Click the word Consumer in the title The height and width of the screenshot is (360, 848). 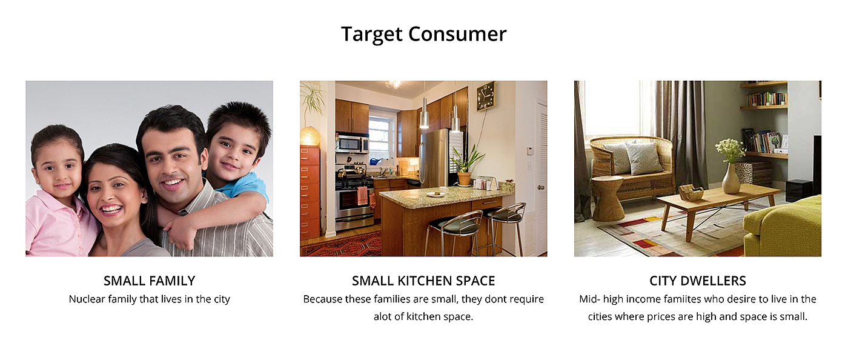click(457, 34)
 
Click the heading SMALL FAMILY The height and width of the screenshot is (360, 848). click(150, 281)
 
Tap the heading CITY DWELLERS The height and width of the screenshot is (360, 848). click(698, 281)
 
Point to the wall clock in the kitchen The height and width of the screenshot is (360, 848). click(486, 96)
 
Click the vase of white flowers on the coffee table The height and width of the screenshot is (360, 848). click(730, 166)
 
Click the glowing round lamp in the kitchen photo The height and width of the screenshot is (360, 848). click(310, 136)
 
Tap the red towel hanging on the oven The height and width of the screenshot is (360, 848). click(362, 196)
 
